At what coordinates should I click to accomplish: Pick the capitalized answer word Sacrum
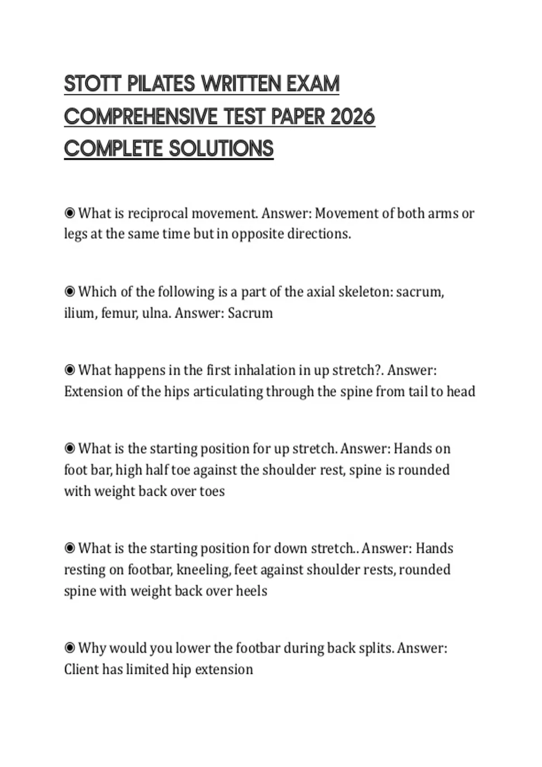[x=250, y=313]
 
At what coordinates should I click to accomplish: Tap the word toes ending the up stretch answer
[x=212, y=491]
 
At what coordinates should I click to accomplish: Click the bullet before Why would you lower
[x=70, y=648]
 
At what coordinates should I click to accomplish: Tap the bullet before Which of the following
[x=70, y=292]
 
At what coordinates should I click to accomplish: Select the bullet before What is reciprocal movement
[x=70, y=213]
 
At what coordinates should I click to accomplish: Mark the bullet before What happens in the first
[x=70, y=370]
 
